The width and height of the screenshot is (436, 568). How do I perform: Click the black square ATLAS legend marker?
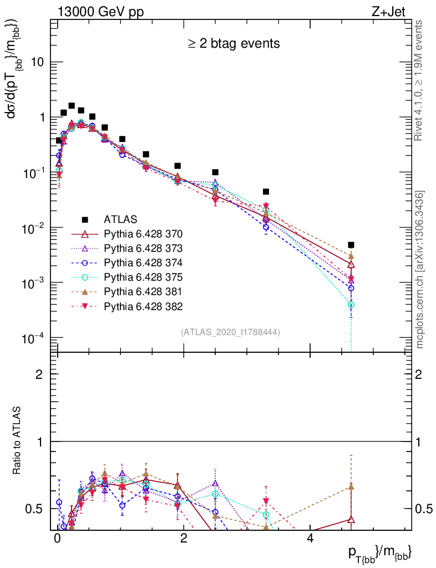click(85, 219)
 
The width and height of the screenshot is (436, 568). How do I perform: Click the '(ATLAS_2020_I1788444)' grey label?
click(230, 332)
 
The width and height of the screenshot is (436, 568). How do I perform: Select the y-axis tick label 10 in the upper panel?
click(37, 62)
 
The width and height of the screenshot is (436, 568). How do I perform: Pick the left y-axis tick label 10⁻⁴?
click(34, 338)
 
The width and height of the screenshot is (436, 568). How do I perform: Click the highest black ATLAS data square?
click(72, 105)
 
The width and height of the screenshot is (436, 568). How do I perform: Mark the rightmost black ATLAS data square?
click(351, 245)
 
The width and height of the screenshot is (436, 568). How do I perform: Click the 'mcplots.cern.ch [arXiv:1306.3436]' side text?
click(420, 270)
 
